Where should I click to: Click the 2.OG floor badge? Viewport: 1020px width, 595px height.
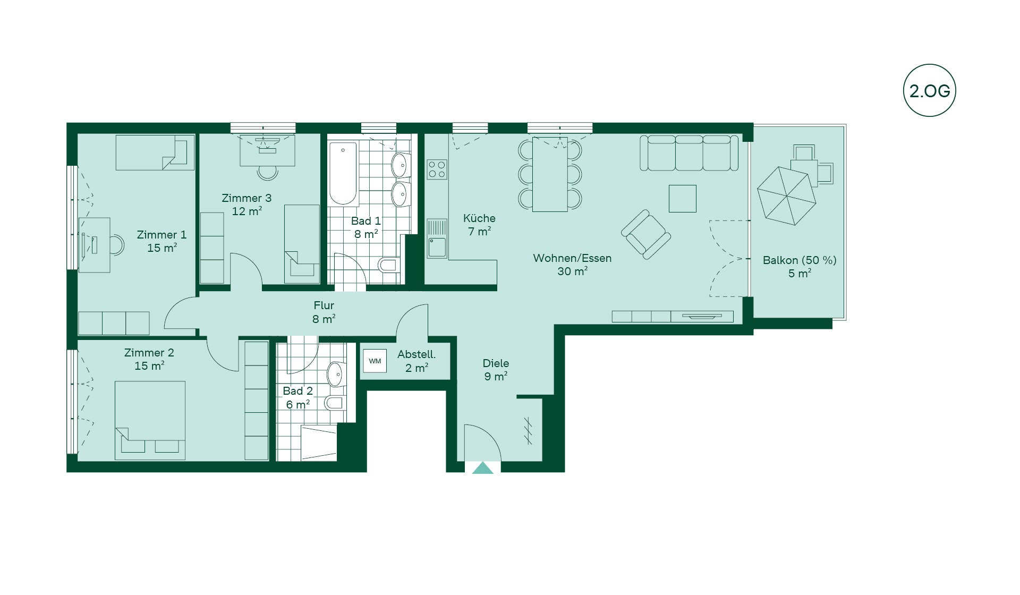coord(929,90)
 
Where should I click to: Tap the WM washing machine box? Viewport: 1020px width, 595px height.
coord(375,361)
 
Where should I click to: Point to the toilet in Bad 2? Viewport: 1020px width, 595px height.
coord(335,402)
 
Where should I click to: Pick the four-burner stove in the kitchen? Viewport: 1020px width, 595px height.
coord(437,169)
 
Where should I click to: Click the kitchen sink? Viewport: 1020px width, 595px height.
coord(437,239)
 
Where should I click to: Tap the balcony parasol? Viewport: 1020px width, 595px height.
coord(786,195)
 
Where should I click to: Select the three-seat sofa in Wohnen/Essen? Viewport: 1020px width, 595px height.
coord(689,153)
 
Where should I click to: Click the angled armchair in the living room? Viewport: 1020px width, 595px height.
coord(646,234)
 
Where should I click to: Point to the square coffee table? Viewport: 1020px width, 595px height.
coord(683,199)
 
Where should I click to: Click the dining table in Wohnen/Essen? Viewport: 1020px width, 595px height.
coord(550,174)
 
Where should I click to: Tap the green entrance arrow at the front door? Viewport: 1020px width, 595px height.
coord(483,468)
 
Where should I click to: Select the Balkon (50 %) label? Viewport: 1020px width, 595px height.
coord(800,260)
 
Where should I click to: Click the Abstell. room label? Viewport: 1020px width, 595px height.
coord(416,354)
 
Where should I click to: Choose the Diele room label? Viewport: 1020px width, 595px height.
coord(496,363)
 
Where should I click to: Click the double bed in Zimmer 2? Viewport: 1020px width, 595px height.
coord(150,420)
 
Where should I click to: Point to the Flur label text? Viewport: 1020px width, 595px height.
coord(324,305)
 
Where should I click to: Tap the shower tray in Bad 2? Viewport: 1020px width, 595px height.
coord(319,443)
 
